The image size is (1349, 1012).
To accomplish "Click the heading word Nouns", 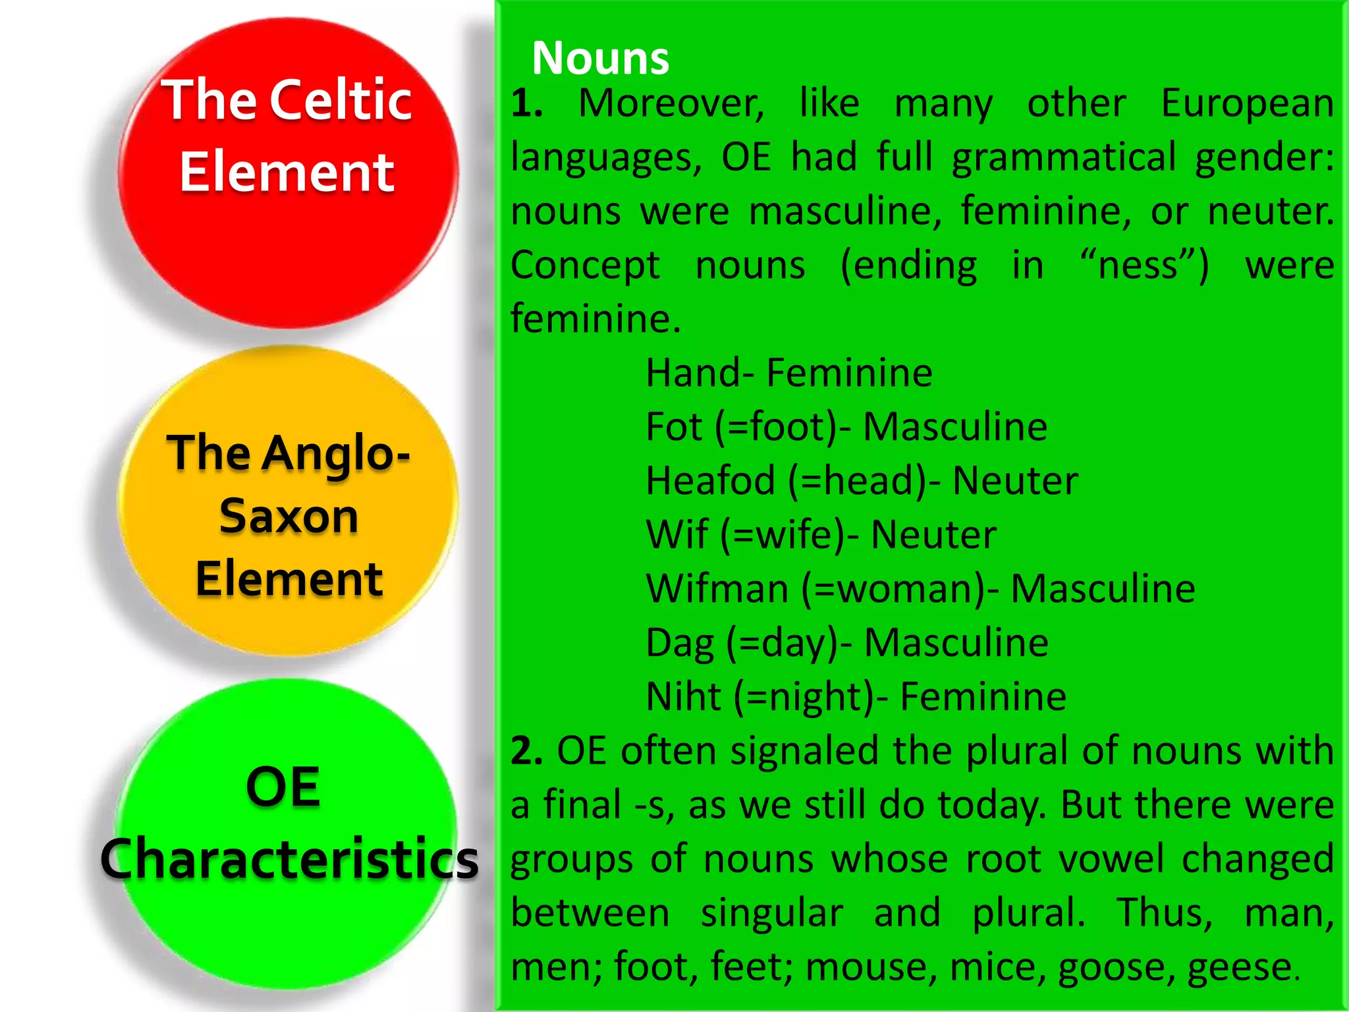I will pos(600,58).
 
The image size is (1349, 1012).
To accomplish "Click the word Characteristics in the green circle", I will pos(289,858).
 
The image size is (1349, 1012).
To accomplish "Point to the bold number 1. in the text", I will pos(527,103).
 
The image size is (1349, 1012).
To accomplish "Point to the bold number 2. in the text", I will pos(527,750).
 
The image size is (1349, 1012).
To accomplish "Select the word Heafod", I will pos(711,480).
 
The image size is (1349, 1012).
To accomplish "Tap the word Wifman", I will pos(717,588).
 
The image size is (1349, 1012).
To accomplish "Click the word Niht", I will pos(684,696).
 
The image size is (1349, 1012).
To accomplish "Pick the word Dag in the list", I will pos(680,642).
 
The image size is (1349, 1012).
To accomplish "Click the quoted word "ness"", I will pos(1145,266).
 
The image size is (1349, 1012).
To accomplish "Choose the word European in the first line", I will pos(1247,103).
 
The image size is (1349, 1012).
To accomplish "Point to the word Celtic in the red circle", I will pos(341,100).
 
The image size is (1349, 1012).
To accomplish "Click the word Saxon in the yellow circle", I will pos(289,515).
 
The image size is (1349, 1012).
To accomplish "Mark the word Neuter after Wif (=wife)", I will pos(933,534).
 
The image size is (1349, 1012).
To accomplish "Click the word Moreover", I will pos(671,103).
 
